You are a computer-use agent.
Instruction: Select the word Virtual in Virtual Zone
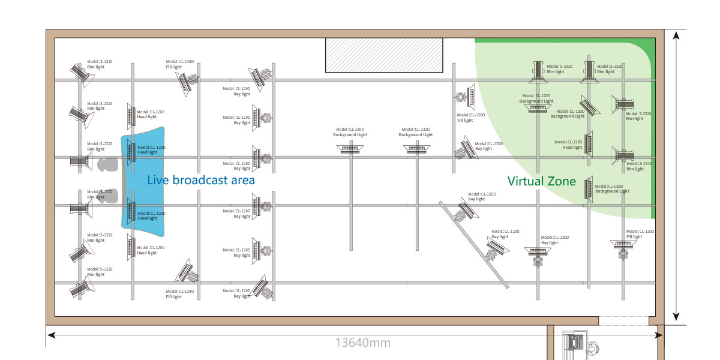526,181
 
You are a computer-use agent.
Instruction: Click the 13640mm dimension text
362,343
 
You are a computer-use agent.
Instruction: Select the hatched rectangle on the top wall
384,55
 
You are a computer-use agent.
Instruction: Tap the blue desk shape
144,180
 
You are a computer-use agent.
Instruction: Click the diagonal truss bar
474,244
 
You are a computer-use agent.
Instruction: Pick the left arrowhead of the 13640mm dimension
50,335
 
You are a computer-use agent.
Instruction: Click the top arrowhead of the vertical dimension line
676,35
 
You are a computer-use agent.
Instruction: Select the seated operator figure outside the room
594,346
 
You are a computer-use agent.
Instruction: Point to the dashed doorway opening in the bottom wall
623,320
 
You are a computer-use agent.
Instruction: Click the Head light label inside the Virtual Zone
572,147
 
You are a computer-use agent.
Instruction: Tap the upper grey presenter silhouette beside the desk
107,164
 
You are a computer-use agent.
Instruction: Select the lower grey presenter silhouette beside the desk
108,196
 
